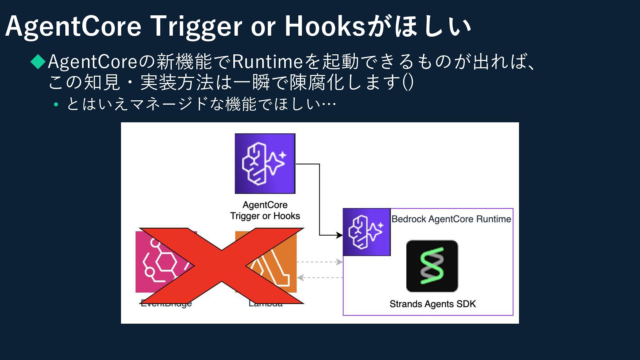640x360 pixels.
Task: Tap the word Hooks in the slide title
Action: pos(325,27)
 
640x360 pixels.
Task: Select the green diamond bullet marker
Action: pos(38,62)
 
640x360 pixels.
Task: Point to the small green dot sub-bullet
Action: pos(56,105)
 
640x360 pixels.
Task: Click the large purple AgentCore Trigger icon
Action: pos(265,163)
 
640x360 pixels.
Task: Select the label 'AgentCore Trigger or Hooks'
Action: pos(265,210)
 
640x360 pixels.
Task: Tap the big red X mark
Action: pos(222,266)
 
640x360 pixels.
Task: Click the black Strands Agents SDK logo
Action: pos(432,266)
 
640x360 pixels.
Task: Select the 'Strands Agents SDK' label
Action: pos(433,304)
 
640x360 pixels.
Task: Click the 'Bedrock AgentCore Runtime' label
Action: pos(451,219)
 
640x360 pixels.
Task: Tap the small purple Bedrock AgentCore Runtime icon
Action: pos(366,232)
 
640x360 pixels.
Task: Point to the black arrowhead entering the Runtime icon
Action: pos(339,235)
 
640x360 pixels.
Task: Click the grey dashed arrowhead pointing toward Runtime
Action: pos(339,262)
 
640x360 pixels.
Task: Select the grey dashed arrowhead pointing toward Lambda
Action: pos(300,278)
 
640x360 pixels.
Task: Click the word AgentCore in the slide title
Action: pos(73,27)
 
